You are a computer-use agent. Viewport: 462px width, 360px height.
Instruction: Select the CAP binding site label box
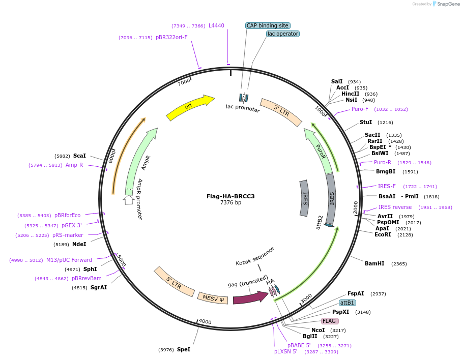(268, 25)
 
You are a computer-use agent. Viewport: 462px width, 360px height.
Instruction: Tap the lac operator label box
(282, 34)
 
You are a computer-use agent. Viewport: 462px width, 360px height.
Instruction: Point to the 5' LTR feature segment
(175, 281)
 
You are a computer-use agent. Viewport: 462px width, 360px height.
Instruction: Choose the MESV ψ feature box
(213, 297)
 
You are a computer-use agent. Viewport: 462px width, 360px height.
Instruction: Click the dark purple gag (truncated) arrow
(250, 298)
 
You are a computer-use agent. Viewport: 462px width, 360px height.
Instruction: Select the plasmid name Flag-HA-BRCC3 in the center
(230, 196)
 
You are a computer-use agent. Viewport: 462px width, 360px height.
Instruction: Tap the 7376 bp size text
(230, 203)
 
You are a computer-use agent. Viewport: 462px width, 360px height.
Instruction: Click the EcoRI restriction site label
(383, 234)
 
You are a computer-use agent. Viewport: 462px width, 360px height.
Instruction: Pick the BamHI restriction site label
(374, 263)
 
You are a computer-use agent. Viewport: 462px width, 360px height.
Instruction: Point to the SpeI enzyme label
(183, 350)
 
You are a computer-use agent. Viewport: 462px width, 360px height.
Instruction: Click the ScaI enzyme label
(79, 156)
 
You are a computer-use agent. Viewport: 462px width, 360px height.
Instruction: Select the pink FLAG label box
(330, 321)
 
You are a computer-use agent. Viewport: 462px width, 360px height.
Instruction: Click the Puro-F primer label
(360, 109)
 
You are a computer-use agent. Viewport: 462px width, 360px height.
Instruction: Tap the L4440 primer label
(216, 25)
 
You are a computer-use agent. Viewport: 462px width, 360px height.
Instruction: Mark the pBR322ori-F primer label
(171, 37)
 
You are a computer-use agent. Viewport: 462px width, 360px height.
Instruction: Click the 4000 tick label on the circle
(205, 321)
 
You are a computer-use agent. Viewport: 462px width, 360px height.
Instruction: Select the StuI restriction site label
(366, 122)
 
